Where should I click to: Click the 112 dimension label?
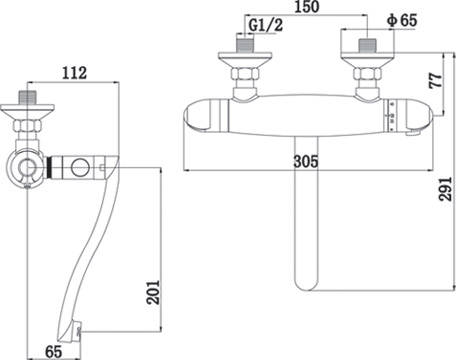[74, 73]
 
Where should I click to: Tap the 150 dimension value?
[306, 7]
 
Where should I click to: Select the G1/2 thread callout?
[266, 25]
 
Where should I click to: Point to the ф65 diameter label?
[402, 21]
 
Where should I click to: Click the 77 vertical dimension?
[436, 81]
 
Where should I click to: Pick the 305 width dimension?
[306, 162]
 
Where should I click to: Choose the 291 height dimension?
[445, 189]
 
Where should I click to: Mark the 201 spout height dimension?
[154, 292]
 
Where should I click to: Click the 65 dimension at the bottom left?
[54, 352]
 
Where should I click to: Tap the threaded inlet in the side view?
[27, 98]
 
